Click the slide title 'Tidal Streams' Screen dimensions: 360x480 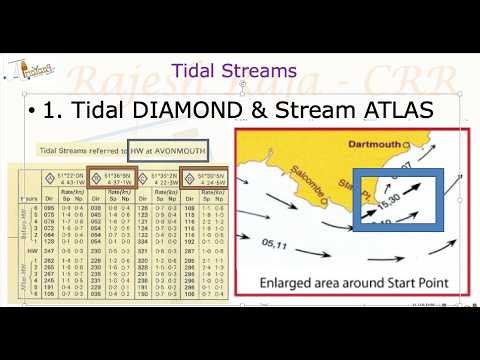(x=234, y=71)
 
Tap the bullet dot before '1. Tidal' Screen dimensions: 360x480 (x=33, y=111)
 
